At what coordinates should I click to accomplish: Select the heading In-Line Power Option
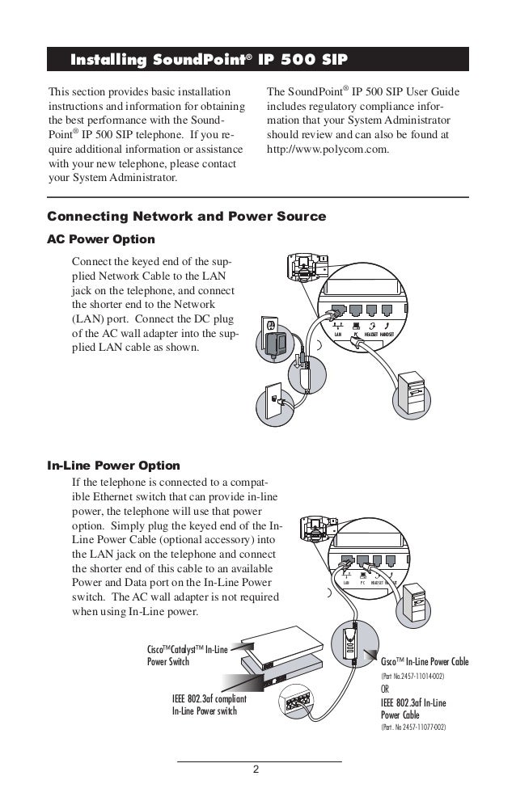(x=113, y=466)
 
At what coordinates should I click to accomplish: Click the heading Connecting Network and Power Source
(x=187, y=217)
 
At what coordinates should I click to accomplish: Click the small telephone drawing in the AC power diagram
(x=307, y=267)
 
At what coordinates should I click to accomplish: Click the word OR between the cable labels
(x=387, y=689)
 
